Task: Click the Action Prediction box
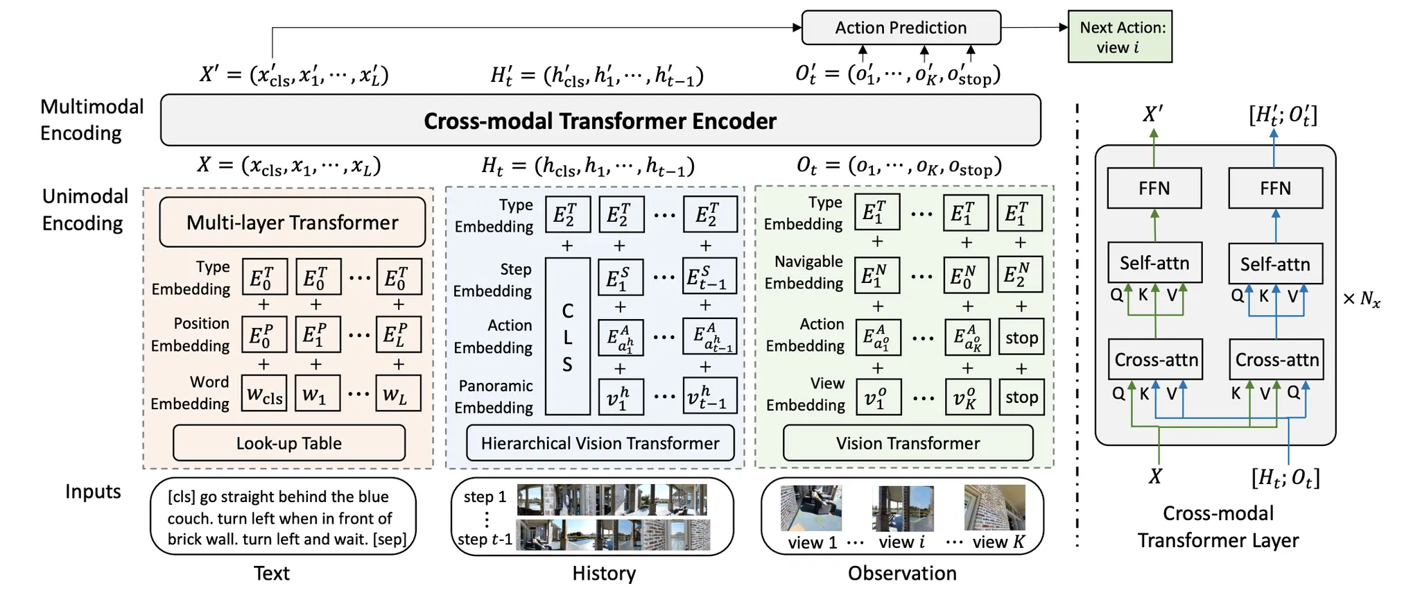(x=901, y=28)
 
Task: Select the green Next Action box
(x=1120, y=37)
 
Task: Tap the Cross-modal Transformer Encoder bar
(x=600, y=121)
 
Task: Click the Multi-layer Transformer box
(x=292, y=222)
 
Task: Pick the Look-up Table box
(x=288, y=443)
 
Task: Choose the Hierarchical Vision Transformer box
(x=600, y=443)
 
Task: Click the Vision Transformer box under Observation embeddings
(x=908, y=443)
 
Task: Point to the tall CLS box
(x=567, y=336)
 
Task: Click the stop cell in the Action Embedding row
(x=1021, y=338)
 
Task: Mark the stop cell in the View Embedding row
(x=1021, y=397)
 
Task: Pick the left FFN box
(x=1154, y=188)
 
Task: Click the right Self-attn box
(x=1275, y=264)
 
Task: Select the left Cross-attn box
(x=1155, y=359)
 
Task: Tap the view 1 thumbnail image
(x=811, y=508)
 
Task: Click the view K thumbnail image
(x=994, y=508)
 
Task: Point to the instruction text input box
(x=283, y=517)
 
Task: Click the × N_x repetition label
(x=1361, y=300)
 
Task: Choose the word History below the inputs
(x=604, y=574)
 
